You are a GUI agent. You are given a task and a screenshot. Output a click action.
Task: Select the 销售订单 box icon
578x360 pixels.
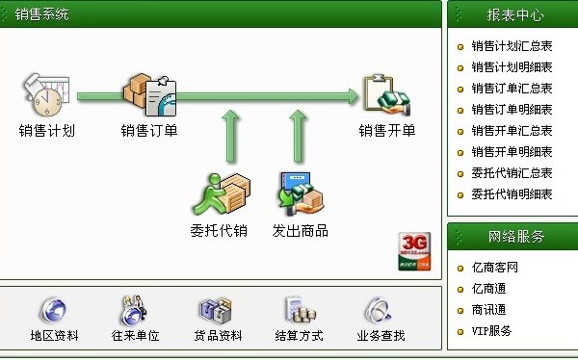point(149,93)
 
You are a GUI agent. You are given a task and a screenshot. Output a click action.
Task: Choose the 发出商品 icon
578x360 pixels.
point(300,193)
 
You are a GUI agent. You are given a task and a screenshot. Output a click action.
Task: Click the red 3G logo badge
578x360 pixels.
point(413,250)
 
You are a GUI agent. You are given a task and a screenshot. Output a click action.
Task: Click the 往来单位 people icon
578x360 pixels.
point(135,310)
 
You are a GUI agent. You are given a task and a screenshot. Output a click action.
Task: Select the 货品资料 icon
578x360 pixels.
point(217,310)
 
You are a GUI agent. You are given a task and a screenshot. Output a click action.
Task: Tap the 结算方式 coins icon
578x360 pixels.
point(298,310)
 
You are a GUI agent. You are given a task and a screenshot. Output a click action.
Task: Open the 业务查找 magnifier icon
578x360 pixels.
point(380,310)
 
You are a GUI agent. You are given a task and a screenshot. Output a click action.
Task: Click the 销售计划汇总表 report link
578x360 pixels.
point(512,45)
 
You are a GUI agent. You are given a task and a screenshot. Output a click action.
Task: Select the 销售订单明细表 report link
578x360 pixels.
point(512,109)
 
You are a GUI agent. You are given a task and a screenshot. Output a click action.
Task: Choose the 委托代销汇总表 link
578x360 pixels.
point(512,172)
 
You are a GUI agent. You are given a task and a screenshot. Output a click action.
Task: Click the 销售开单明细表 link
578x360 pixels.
point(512,151)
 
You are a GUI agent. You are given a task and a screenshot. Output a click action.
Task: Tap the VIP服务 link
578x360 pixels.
point(491,330)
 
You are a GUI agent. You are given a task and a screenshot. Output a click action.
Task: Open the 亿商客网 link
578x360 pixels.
point(495,267)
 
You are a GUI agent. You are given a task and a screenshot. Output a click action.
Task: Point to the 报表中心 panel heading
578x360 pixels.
point(515,15)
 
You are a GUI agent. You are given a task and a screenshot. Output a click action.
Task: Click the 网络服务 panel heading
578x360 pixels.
point(515,236)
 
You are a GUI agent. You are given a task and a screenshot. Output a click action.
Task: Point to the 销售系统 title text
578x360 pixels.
point(42,15)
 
